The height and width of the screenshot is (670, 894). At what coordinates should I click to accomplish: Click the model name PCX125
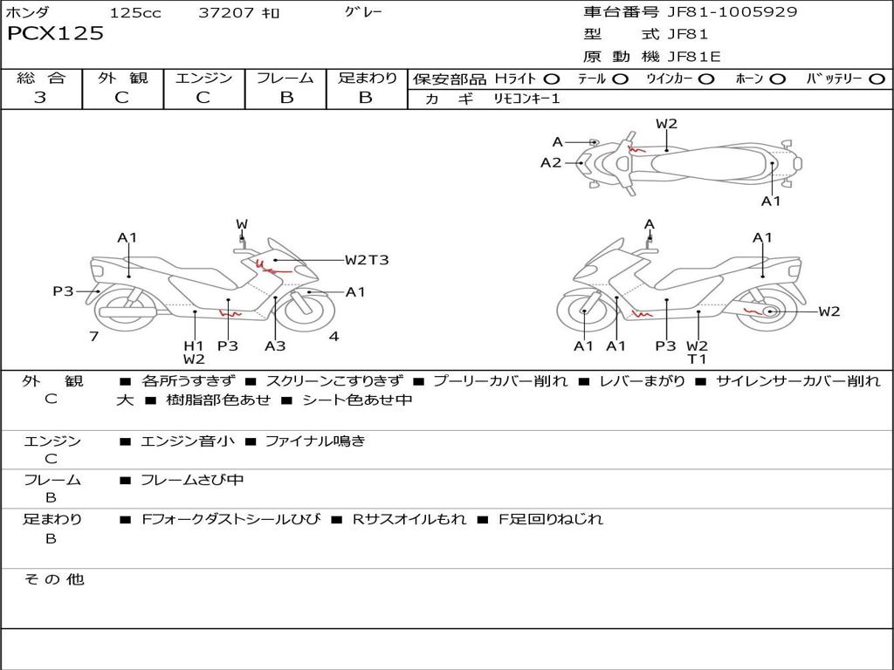coord(55,33)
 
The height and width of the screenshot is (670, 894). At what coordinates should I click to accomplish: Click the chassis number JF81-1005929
coord(732,11)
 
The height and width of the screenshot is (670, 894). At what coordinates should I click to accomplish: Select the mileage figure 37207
coord(226,12)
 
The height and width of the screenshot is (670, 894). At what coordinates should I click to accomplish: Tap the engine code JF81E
coord(694,57)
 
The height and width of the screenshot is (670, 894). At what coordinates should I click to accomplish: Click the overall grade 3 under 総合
coord(40,98)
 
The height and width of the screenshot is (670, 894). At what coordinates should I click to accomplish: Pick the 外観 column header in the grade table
coord(122,78)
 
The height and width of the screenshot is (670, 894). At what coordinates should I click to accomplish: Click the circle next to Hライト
coord(552,79)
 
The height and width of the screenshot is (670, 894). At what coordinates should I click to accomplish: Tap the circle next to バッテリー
coord(877,79)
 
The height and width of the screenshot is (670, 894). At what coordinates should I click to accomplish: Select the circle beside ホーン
coord(777,79)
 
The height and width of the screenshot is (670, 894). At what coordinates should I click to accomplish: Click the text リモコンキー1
coord(526,99)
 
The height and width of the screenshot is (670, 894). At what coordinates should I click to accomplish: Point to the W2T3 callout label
coord(367,260)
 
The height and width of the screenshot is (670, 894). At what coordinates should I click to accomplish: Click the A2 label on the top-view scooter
coord(551,163)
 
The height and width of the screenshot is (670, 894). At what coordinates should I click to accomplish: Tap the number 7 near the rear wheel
coord(94,336)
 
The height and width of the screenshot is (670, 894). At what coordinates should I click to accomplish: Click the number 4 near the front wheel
coord(334,336)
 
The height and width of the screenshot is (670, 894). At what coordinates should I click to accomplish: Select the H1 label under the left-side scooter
coord(194,345)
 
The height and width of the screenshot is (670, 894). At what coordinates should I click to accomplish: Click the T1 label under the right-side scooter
coord(697,359)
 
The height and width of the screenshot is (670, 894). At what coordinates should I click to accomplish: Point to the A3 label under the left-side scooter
coord(275,345)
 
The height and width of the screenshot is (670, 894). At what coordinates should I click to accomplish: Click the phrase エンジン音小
coord(188,441)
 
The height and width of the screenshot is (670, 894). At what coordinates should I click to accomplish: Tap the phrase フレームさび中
coord(192,480)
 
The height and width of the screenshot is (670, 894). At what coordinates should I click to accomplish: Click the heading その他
coord(53,579)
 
